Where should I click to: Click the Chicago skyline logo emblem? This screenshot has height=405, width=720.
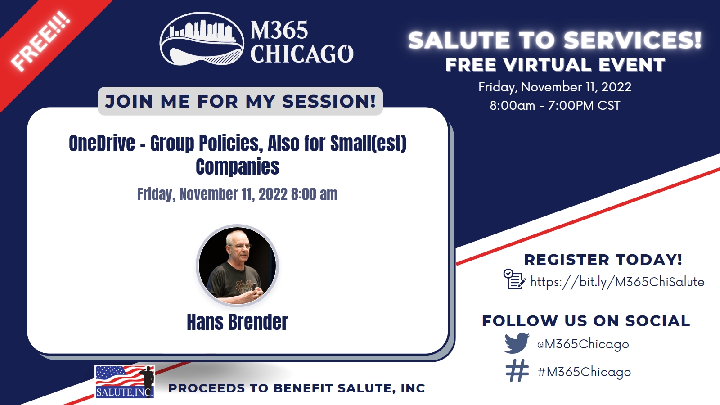click(202, 39)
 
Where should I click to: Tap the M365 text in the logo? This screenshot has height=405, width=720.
click(279, 30)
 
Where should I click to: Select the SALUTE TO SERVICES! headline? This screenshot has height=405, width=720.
click(555, 40)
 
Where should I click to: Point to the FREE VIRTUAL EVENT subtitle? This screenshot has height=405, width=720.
click(555, 65)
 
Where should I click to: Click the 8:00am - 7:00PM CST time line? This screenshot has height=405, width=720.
click(555, 105)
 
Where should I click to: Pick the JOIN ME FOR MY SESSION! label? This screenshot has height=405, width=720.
click(240, 101)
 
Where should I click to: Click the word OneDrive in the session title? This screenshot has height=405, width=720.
click(102, 144)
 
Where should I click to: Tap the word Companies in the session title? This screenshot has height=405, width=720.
click(238, 167)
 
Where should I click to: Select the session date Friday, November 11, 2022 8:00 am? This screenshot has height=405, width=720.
click(237, 194)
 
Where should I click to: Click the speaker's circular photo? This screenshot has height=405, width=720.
click(238, 265)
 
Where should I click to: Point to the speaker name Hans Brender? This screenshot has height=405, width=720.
click(237, 322)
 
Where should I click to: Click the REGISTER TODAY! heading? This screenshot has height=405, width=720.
click(603, 260)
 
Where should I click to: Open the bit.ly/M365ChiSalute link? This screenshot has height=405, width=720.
click(617, 282)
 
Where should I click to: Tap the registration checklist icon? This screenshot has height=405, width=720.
click(515, 279)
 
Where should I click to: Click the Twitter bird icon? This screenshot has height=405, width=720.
click(517, 343)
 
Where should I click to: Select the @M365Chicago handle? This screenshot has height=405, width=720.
click(583, 344)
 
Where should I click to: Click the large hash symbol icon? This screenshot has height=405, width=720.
click(517, 370)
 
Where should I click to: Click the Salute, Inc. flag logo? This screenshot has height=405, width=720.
click(125, 382)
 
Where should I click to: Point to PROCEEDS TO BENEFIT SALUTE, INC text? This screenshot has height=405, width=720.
click(297, 388)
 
